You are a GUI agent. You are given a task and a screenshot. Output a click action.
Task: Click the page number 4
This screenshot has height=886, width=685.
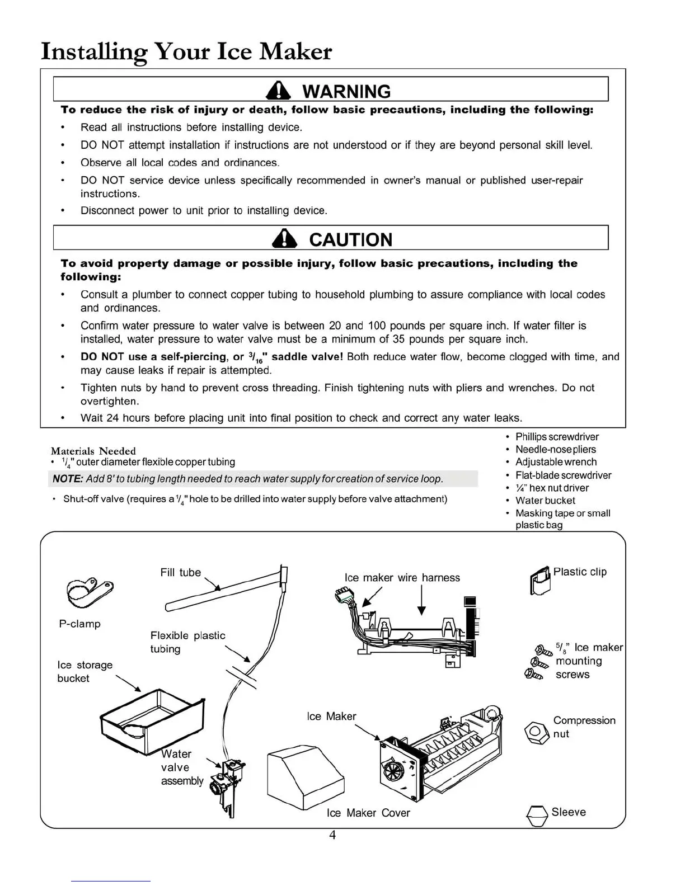click(332, 835)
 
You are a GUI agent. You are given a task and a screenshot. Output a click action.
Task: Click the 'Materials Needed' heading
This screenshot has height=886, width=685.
click(93, 451)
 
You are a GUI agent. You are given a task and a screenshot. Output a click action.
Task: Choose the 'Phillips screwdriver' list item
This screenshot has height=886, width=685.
click(557, 437)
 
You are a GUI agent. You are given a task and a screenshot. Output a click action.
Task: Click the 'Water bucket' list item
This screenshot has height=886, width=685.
click(545, 501)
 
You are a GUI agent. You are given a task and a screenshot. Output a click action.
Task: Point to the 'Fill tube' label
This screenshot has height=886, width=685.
click(180, 572)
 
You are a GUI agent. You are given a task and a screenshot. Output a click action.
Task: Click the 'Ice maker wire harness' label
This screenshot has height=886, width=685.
click(402, 578)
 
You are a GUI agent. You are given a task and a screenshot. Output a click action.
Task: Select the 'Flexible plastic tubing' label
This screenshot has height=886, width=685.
click(187, 642)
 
